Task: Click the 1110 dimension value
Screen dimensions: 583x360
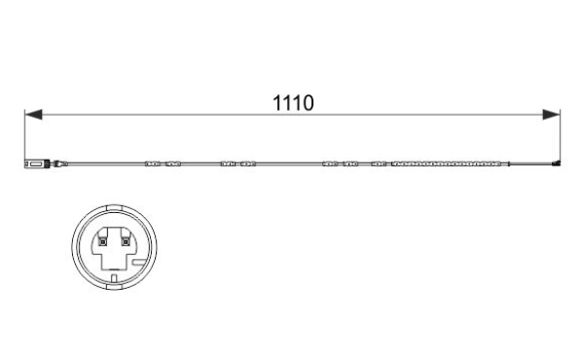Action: pos(293,103)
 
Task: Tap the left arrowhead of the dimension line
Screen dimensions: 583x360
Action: pos(33,115)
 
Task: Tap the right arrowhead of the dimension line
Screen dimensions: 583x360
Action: pos(551,115)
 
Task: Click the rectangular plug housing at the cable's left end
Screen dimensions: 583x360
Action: pos(37,163)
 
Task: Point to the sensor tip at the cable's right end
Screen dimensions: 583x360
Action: pos(556,163)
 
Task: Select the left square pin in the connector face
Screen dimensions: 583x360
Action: pos(103,242)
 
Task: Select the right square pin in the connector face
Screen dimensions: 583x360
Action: pos(126,242)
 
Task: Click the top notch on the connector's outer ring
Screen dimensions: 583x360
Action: pos(114,208)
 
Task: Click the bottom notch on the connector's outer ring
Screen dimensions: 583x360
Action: pos(114,286)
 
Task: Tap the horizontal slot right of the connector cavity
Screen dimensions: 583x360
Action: pos(139,263)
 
